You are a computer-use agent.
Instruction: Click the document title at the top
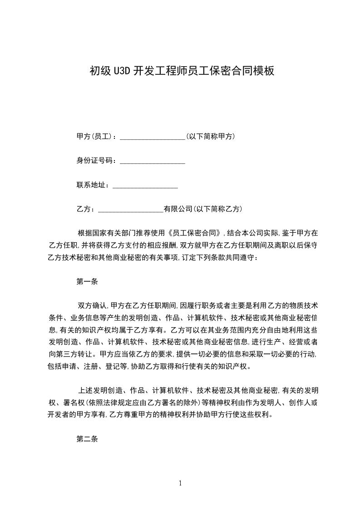pos(182,71)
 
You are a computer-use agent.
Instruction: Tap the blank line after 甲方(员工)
pos(152,137)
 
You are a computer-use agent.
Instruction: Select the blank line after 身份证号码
pos(152,162)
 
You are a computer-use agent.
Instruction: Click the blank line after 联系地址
pos(145,186)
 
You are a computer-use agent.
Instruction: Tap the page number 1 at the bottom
pos(180,483)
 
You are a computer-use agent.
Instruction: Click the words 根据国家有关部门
pos(107,234)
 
